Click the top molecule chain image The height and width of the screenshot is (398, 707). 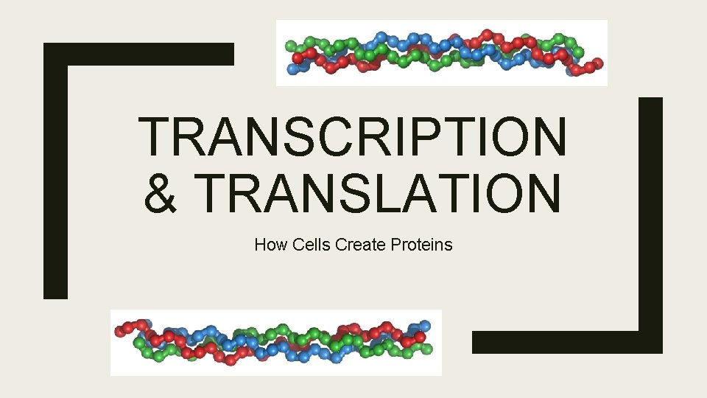pos(442,53)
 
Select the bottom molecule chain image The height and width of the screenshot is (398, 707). pos(276,343)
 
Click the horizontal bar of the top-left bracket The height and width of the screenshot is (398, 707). pos(140,54)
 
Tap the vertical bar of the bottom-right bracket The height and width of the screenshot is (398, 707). pos(650,221)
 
